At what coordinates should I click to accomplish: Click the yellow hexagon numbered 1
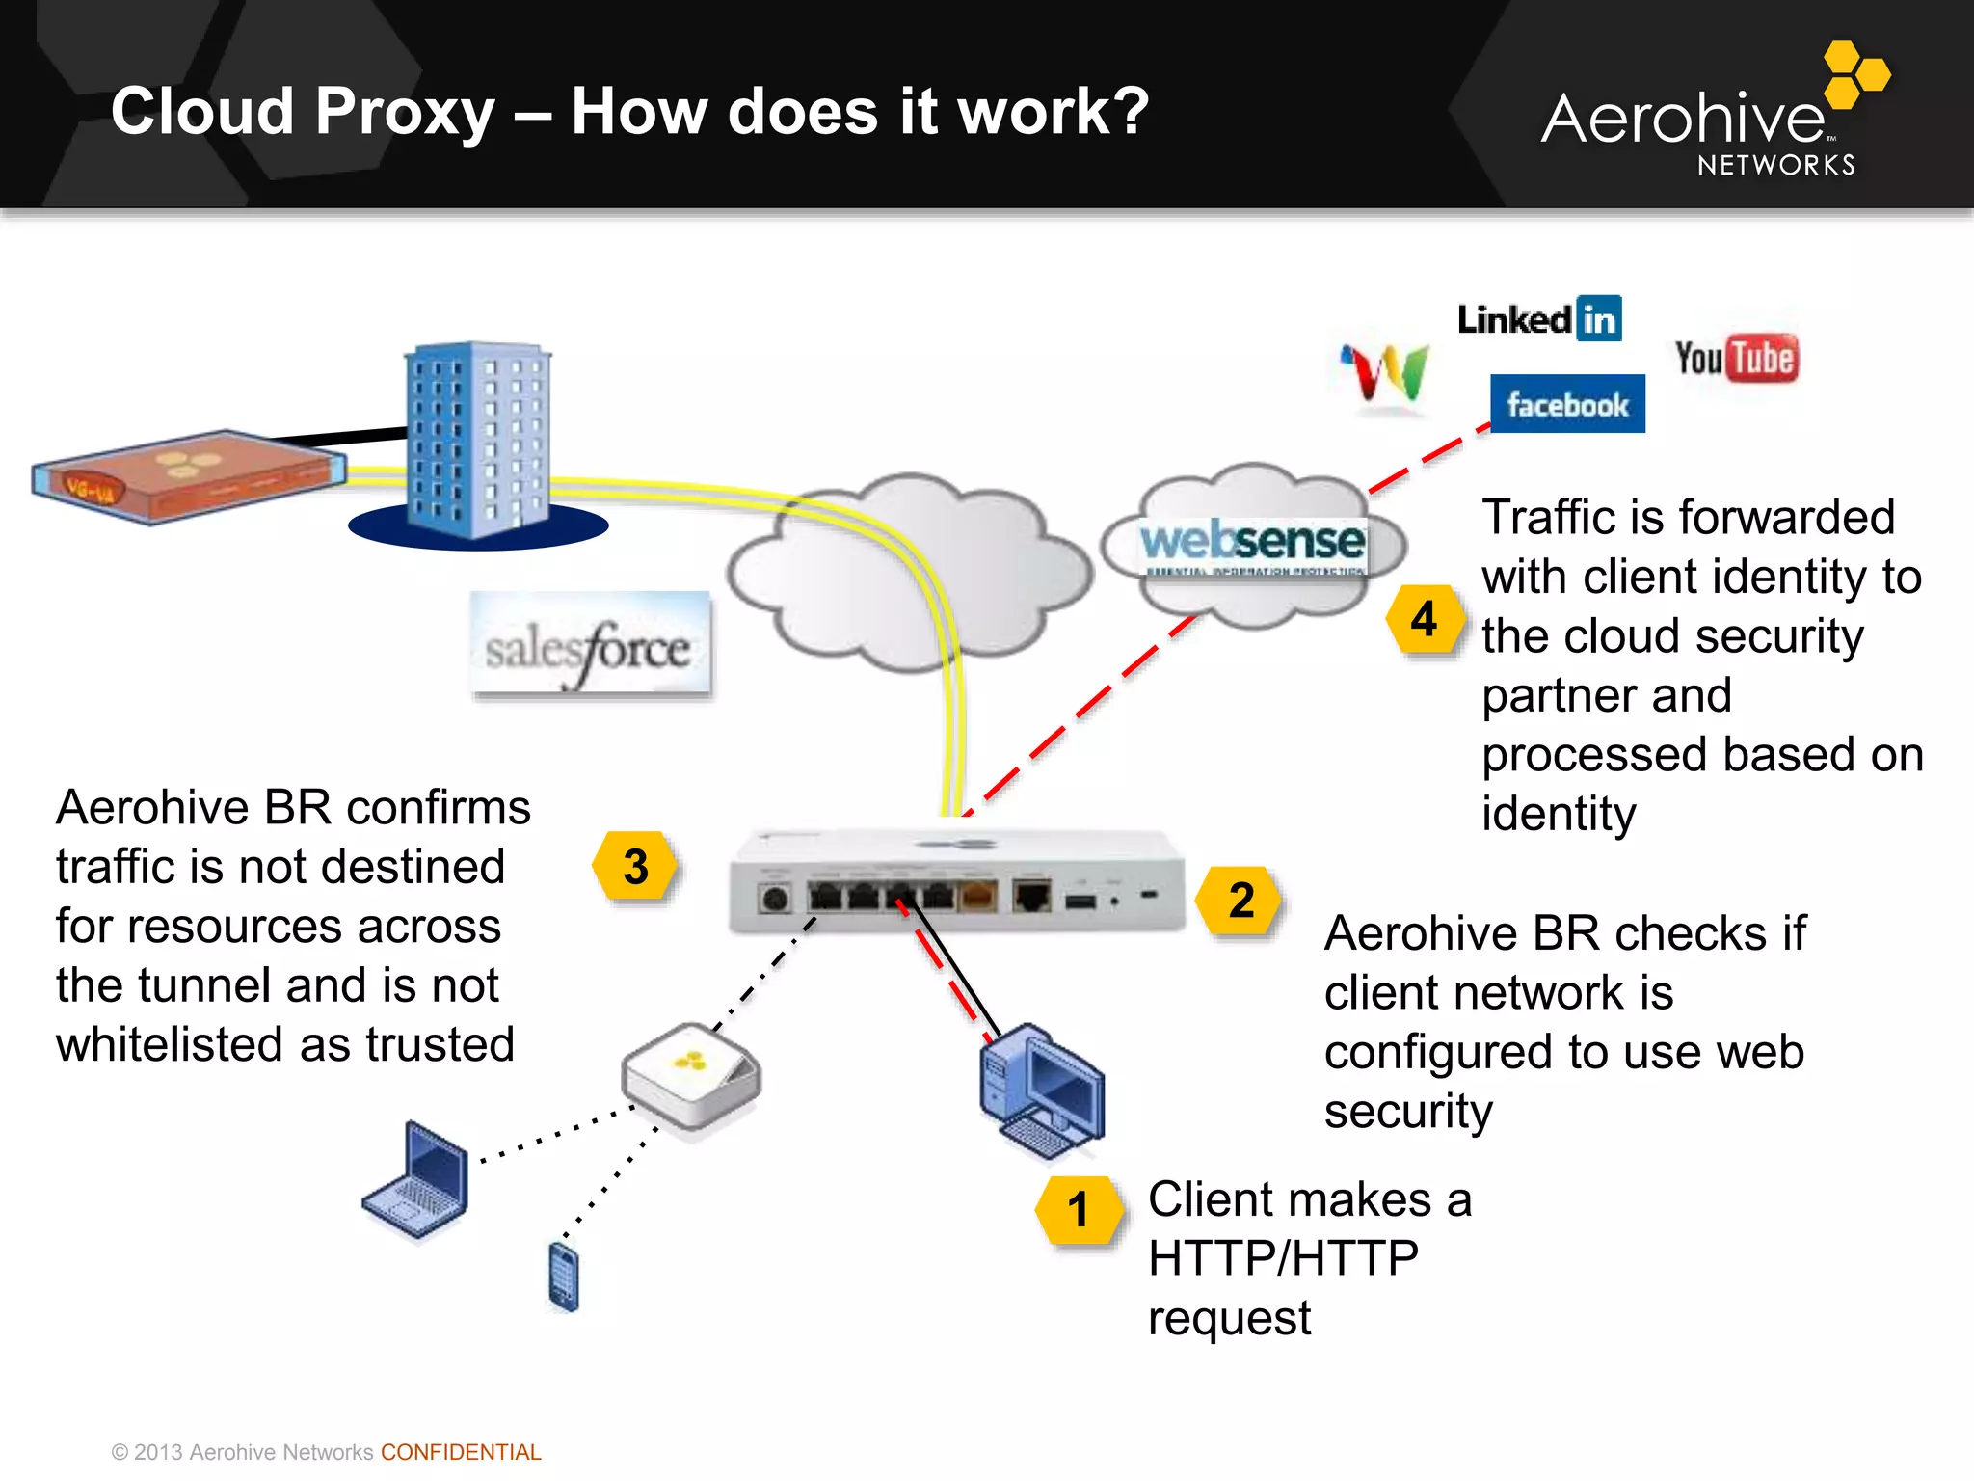pyautogui.click(x=1079, y=1210)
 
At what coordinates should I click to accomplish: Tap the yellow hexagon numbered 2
pyautogui.click(x=1240, y=901)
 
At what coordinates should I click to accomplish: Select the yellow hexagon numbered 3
pyautogui.click(x=635, y=866)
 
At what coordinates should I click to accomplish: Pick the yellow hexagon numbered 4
pyautogui.click(x=1425, y=618)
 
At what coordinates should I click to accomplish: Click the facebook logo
pyautogui.click(x=1567, y=404)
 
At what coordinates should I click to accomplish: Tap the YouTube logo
pyautogui.click(x=1736, y=359)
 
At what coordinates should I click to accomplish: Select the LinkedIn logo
pyautogui.click(x=1539, y=319)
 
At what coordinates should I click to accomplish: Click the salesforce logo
pyautogui.click(x=590, y=645)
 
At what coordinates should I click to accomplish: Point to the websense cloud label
pyautogui.click(x=1252, y=543)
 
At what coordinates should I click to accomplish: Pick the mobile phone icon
pyautogui.click(x=564, y=1277)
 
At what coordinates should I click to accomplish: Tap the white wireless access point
pyautogui.click(x=691, y=1075)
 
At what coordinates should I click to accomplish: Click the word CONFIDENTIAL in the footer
pyautogui.click(x=461, y=1452)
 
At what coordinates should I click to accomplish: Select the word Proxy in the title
pyautogui.click(x=405, y=111)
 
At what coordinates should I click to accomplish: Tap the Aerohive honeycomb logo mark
pyautogui.click(x=1855, y=73)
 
